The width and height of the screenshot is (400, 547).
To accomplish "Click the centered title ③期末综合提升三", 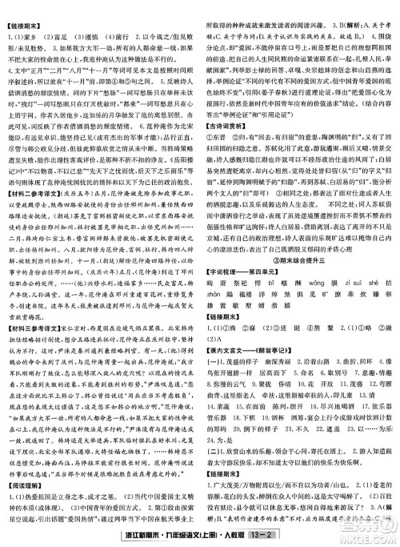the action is click(300, 271).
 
